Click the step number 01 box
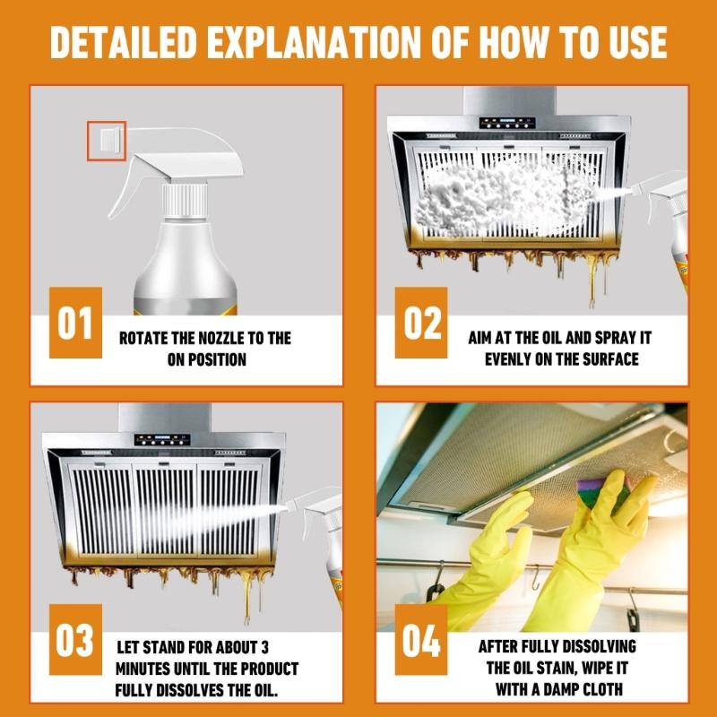tap(75, 323)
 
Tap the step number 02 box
tap(421, 323)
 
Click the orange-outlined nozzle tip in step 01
tap(107, 142)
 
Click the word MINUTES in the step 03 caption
tap(150, 669)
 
